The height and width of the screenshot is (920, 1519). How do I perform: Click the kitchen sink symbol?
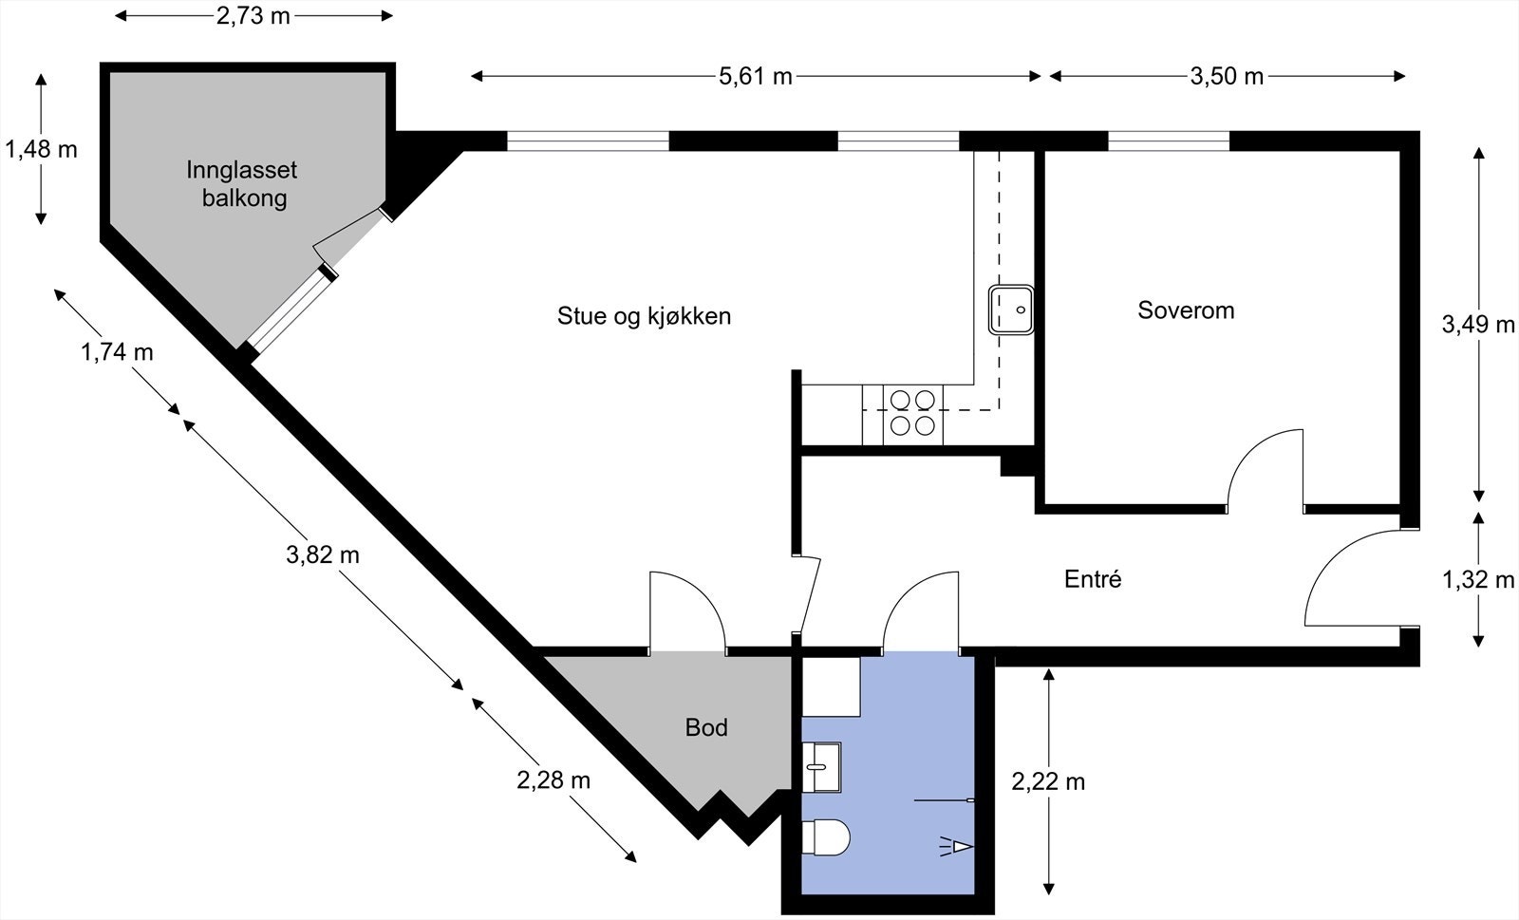tap(1011, 310)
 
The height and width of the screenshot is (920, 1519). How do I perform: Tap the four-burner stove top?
tap(912, 414)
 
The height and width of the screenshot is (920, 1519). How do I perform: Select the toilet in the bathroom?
tap(825, 837)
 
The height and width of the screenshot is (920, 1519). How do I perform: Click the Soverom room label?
tap(1186, 310)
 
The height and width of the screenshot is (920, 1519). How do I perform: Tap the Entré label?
tap(1093, 579)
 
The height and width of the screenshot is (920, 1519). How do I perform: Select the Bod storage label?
tap(706, 728)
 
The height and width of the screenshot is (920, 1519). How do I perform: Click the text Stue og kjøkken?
tap(644, 316)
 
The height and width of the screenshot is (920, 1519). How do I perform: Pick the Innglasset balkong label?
tap(242, 184)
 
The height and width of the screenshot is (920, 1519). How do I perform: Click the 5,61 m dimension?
tap(755, 77)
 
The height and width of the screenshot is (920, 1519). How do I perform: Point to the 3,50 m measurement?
tap(1227, 77)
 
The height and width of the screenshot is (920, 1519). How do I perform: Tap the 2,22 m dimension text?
tap(1047, 781)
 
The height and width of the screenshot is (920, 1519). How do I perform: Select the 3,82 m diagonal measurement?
tap(323, 554)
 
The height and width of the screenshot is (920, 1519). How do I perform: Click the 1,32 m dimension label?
tap(1478, 580)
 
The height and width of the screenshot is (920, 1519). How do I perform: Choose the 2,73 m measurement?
tap(253, 16)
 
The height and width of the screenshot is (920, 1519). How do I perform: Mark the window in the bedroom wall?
tap(1169, 141)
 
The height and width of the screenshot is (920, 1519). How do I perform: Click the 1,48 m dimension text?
tap(41, 149)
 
